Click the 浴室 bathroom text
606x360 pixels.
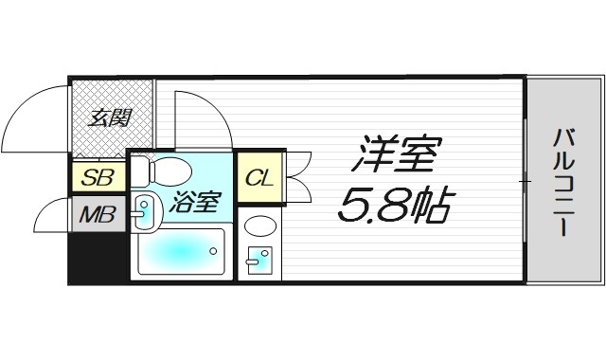pos(196,203)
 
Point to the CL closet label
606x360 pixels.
pos(258,177)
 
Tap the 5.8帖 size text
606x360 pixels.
pos(393,206)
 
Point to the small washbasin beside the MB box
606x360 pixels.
pos(144,211)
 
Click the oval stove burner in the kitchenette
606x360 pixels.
pos(259,225)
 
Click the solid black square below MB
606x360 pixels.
pos(97,259)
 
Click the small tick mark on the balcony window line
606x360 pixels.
pos(524,180)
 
